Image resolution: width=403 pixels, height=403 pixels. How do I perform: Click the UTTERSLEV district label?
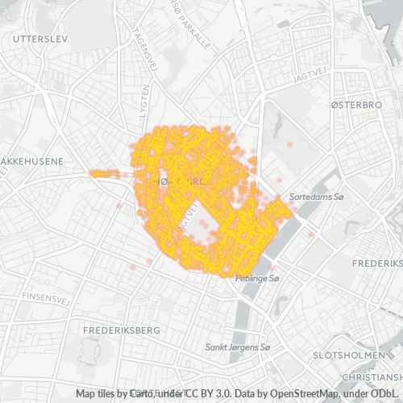[x=36, y=38]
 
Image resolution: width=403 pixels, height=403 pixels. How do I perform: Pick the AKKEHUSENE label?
[x=31, y=161]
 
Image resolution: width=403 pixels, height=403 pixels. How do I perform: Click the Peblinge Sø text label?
[x=257, y=279]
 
